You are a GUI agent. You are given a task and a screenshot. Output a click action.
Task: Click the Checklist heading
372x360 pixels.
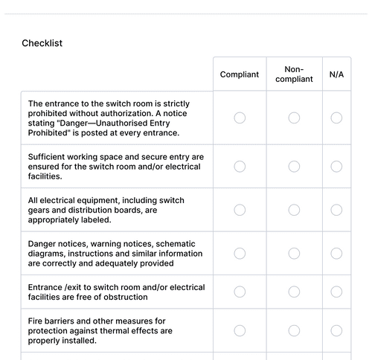click(42, 43)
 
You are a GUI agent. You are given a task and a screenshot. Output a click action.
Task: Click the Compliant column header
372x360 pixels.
click(240, 74)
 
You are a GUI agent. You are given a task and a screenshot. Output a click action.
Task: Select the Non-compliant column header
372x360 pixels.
click(294, 74)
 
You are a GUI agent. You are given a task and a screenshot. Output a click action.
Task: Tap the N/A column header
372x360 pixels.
click(336, 74)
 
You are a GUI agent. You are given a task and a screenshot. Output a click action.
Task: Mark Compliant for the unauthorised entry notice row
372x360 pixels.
click(240, 118)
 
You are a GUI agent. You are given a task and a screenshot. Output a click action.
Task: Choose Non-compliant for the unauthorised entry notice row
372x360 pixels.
click(294, 118)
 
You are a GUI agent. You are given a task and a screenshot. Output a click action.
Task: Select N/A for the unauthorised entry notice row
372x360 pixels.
click(336, 118)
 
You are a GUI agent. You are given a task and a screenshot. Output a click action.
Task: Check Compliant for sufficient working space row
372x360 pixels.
click(240, 167)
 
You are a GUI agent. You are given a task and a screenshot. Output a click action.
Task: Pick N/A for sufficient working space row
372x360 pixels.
click(336, 167)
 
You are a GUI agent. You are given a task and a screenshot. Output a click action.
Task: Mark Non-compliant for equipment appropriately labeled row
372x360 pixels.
click(294, 210)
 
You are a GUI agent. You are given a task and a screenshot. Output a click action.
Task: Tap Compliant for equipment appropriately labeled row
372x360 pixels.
click(240, 210)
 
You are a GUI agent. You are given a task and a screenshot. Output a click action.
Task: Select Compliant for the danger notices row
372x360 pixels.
click(240, 253)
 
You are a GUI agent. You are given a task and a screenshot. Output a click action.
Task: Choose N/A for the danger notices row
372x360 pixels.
click(336, 253)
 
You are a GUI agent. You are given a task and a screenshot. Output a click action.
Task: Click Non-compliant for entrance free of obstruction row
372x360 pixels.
click(294, 292)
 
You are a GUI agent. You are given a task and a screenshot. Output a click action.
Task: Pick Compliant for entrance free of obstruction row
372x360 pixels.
click(240, 292)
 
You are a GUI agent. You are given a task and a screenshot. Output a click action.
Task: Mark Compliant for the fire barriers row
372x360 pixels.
click(240, 330)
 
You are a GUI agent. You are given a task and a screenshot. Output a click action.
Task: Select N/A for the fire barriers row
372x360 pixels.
click(336, 330)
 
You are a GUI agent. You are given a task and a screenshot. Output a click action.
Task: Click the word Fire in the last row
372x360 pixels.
click(36, 321)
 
